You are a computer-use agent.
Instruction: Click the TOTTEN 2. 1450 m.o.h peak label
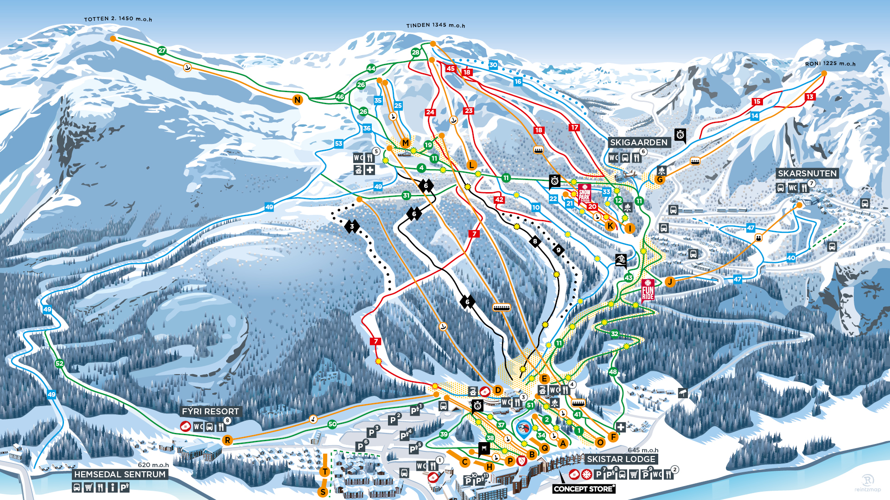tap(118, 19)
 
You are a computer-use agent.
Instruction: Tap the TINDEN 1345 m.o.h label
tap(435, 25)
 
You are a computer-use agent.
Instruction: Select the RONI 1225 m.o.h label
tap(830, 64)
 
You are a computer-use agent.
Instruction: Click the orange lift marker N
tap(298, 100)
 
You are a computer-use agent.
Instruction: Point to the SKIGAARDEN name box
tap(638, 143)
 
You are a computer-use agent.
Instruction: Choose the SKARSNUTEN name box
tap(807, 174)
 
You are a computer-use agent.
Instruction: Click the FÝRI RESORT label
tap(210, 412)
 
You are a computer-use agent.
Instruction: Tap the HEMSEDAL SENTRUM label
tap(120, 475)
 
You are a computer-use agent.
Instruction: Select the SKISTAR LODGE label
tap(621, 459)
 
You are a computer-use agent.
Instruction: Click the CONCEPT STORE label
tap(584, 489)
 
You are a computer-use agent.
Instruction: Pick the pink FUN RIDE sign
tap(648, 291)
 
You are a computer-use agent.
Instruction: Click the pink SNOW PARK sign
tap(584, 194)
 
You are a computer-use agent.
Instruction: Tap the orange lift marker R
tap(227, 440)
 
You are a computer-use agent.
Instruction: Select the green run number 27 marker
tap(162, 50)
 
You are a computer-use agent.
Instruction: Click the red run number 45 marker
tap(451, 69)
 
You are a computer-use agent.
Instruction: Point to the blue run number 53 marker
tap(338, 144)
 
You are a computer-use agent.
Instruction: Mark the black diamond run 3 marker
tap(352, 226)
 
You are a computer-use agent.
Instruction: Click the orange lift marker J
tap(669, 281)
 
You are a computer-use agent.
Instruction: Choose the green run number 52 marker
tap(59, 363)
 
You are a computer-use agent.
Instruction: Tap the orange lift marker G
tap(660, 180)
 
